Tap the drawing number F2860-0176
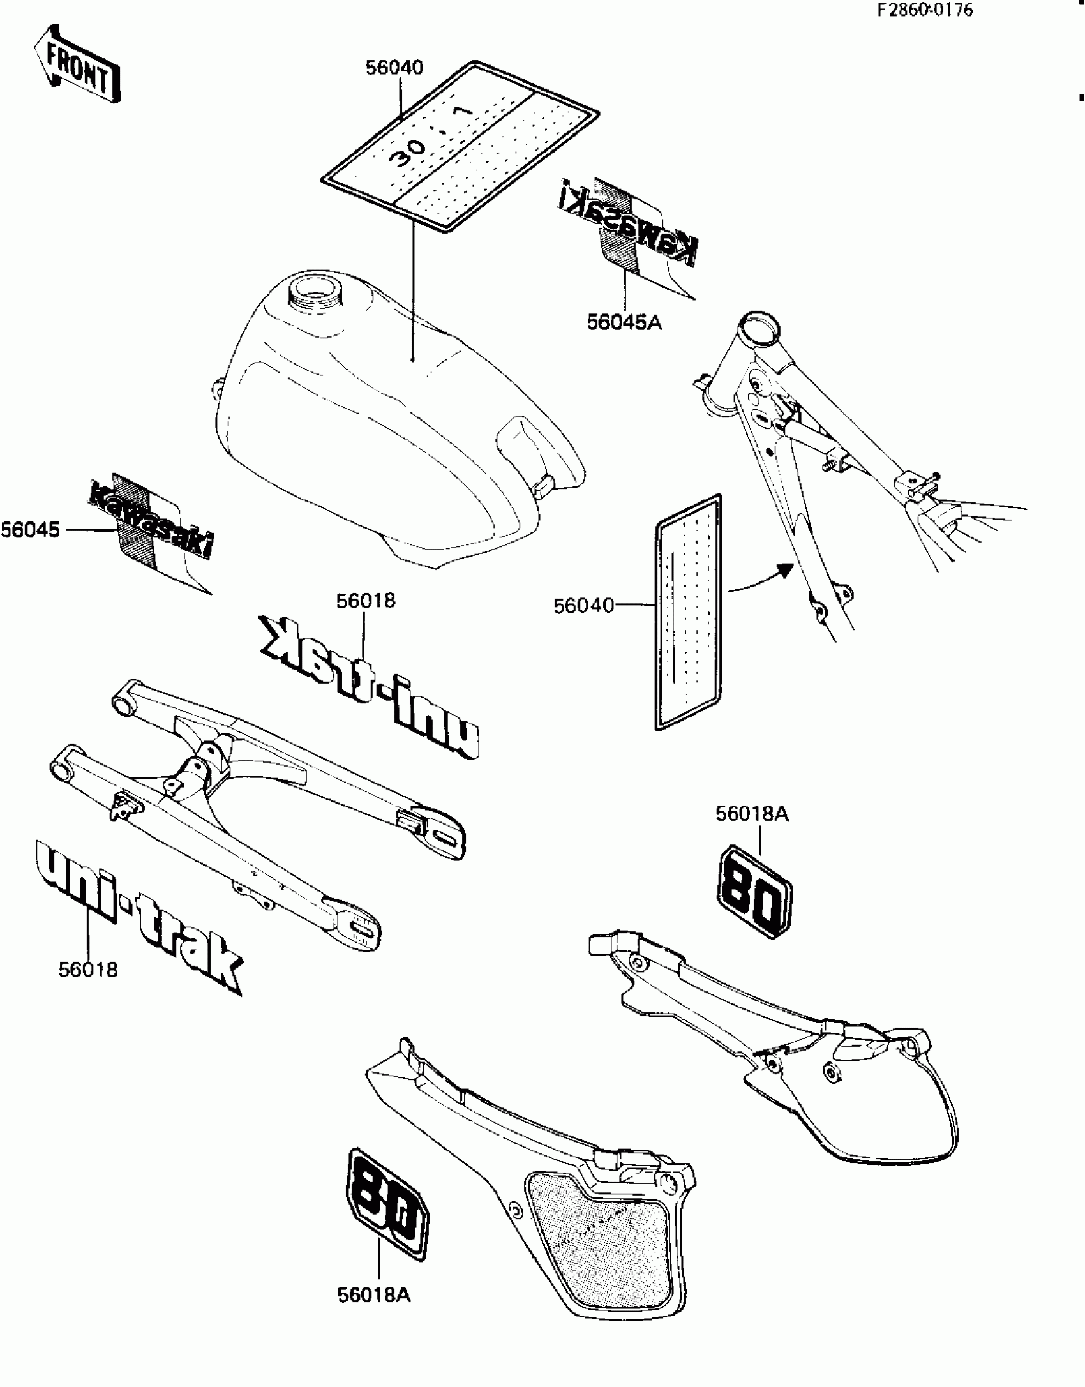(925, 10)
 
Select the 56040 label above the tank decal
(394, 68)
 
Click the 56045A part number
(624, 323)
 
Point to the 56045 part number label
(30, 530)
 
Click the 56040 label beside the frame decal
(583, 606)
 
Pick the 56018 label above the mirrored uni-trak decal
(366, 601)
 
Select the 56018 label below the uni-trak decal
(88, 970)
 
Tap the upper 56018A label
(752, 814)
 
